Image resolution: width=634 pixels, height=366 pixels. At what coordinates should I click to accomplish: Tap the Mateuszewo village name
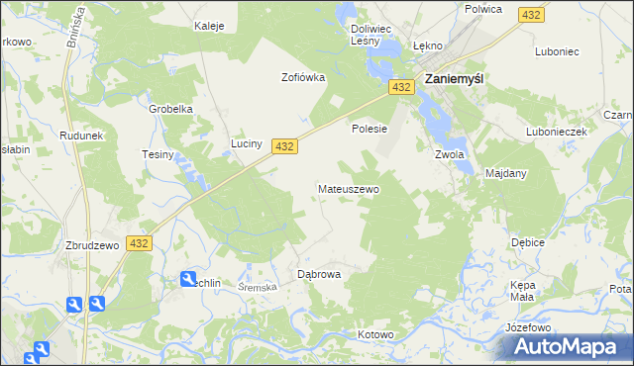348,188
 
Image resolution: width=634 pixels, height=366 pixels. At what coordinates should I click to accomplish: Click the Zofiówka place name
303,77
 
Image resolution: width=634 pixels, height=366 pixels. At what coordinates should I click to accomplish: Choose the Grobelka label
169,109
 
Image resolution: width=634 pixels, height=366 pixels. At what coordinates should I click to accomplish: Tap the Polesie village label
369,129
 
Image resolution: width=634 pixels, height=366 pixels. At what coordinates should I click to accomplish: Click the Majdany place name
505,173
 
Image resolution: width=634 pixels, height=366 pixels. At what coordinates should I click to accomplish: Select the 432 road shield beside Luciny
284,145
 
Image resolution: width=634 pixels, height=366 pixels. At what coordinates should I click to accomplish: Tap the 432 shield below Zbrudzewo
139,242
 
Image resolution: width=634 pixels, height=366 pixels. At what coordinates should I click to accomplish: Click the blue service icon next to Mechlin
188,280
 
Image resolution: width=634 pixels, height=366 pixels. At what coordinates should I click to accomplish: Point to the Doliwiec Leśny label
373,36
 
